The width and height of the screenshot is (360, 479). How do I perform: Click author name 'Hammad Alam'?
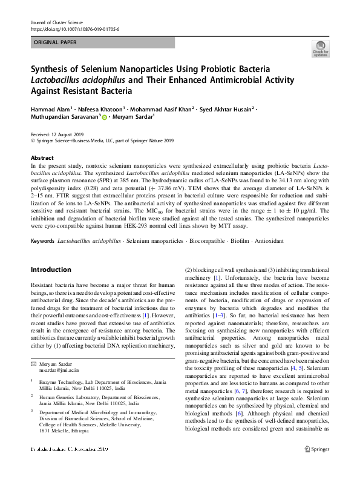click(x=50, y=109)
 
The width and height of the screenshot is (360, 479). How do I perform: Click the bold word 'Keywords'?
click(x=42, y=241)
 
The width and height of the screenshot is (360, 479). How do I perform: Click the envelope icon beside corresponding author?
click(x=33, y=363)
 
